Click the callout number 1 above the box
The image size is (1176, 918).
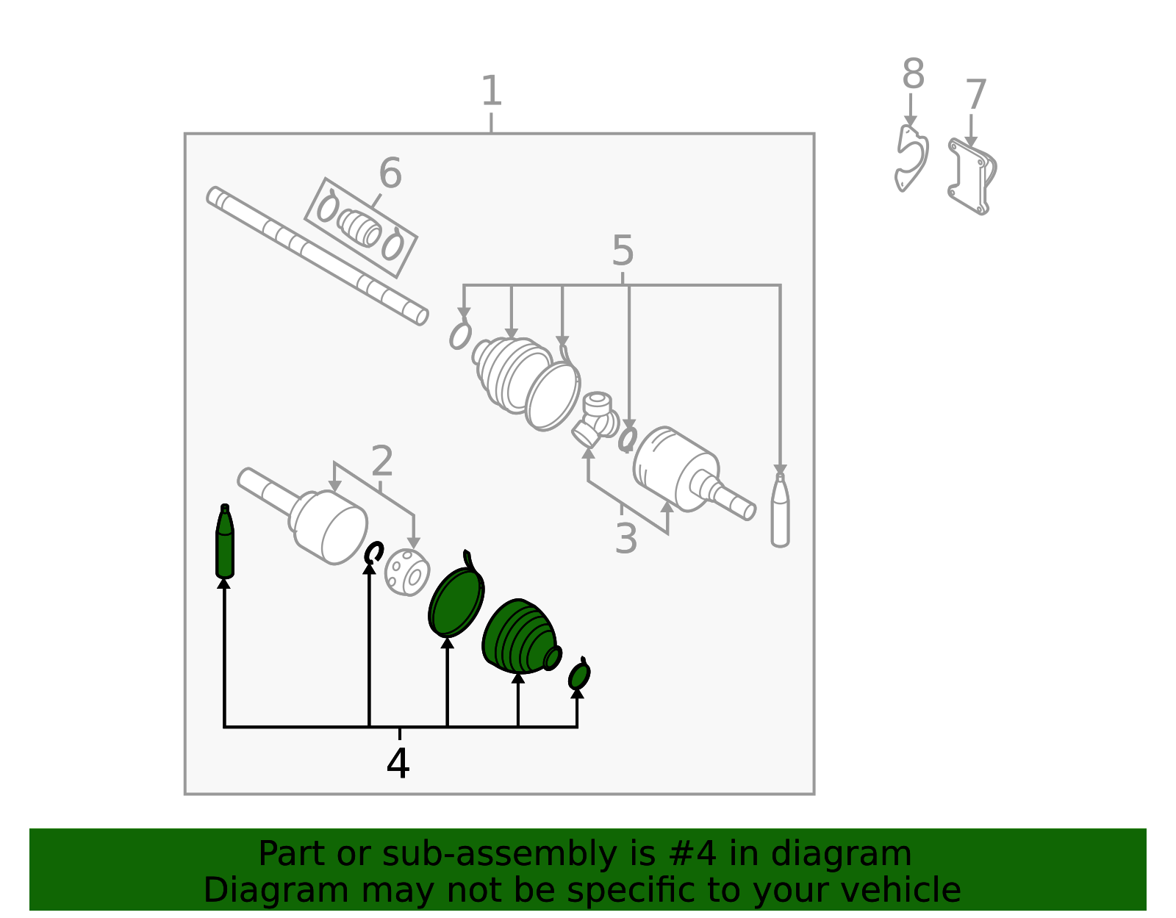click(x=492, y=90)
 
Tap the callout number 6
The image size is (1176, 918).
click(x=390, y=173)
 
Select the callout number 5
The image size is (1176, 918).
click(x=623, y=251)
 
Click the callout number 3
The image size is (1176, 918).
click(x=626, y=538)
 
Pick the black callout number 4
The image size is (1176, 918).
click(x=398, y=764)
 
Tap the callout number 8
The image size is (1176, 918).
click(x=913, y=73)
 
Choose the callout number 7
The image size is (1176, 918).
click(x=976, y=94)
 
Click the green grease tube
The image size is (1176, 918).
click(x=225, y=541)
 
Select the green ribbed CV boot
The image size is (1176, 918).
click(x=520, y=636)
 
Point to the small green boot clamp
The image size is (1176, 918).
click(x=579, y=674)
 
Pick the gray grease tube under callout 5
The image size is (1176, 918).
click(x=780, y=509)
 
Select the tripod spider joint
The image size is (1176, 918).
click(x=595, y=420)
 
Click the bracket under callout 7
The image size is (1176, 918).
click(x=972, y=176)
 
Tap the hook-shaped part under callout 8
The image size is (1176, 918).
click(x=911, y=158)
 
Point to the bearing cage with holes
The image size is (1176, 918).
click(x=407, y=573)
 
